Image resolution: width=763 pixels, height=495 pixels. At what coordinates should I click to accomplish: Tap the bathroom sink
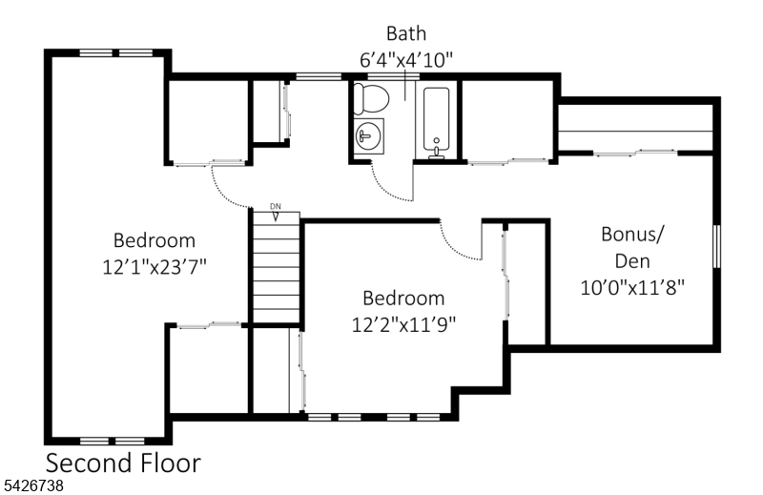pyautogui.click(x=369, y=136)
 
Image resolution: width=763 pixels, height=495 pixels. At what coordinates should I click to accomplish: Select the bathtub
pyautogui.click(x=436, y=120)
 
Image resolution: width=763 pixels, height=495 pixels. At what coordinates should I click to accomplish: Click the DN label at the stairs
pyautogui.click(x=276, y=206)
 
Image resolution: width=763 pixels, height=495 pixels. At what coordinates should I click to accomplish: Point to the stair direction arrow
pyautogui.click(x=276, y=217)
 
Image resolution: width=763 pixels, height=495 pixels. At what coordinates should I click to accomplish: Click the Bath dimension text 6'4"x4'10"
pyautogui.click(x=406, y=60)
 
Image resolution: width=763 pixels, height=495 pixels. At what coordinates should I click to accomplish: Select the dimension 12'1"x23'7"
pyautogui.click(x=155, y=267)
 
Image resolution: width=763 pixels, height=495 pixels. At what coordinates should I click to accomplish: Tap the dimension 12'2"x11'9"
pyautogui.click(x=403, y=324)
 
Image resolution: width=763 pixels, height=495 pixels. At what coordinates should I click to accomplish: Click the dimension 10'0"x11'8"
pyautogui.click(x=632, y=287)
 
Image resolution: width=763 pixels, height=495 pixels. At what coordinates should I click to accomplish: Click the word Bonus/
pyautogui.click(x=632, y=235)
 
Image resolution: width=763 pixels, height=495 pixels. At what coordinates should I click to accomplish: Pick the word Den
pyautogui.click(x=632, y=261)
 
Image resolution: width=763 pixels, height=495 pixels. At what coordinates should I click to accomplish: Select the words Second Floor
pyautogui.click(x=123, y=463)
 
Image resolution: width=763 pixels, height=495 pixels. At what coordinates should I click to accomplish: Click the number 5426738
pyautogui.click(x=33, y=485)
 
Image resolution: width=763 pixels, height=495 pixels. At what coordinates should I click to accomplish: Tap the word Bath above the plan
pyautogui.click(x=406, y=33)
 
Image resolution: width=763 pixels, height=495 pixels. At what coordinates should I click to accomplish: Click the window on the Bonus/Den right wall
pyautogui.click(x=716, y=246)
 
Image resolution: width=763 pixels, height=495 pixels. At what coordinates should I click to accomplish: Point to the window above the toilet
pyautogui.click(x=393, y=76)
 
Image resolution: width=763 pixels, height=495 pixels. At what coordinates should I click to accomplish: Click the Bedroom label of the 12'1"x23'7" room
pyautogui.click(x=155, y=240)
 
